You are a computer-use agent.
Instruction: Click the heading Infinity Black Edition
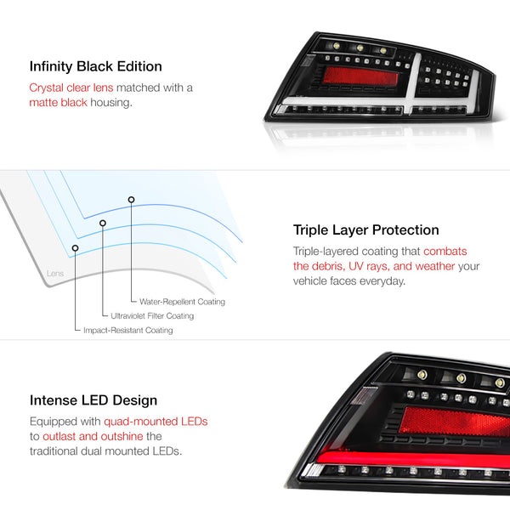click(95, 66)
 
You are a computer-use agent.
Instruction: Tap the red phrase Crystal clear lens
click(71, 88)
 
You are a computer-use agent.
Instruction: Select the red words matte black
click(58, 103)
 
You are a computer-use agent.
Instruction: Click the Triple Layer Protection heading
click(365, 230)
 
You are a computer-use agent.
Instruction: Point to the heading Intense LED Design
click(93, 400)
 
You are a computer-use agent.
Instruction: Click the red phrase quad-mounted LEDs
click(156, 422)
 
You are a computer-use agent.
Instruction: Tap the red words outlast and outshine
click(93, 437)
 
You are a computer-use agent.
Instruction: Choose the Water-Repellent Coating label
click(182, 302)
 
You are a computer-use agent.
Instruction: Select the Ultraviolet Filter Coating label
click(152, 316)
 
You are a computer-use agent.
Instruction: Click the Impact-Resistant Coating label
click(128, 330)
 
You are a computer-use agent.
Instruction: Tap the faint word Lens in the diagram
click(55, 274)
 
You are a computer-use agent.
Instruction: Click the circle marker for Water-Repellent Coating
click(131, 200)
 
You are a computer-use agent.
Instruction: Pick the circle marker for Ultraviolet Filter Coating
click(103, 223)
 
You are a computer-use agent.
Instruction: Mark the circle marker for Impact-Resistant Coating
click(75, 248)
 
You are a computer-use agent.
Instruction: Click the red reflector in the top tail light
click(360, 76)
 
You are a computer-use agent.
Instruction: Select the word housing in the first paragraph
click(111, 103)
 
